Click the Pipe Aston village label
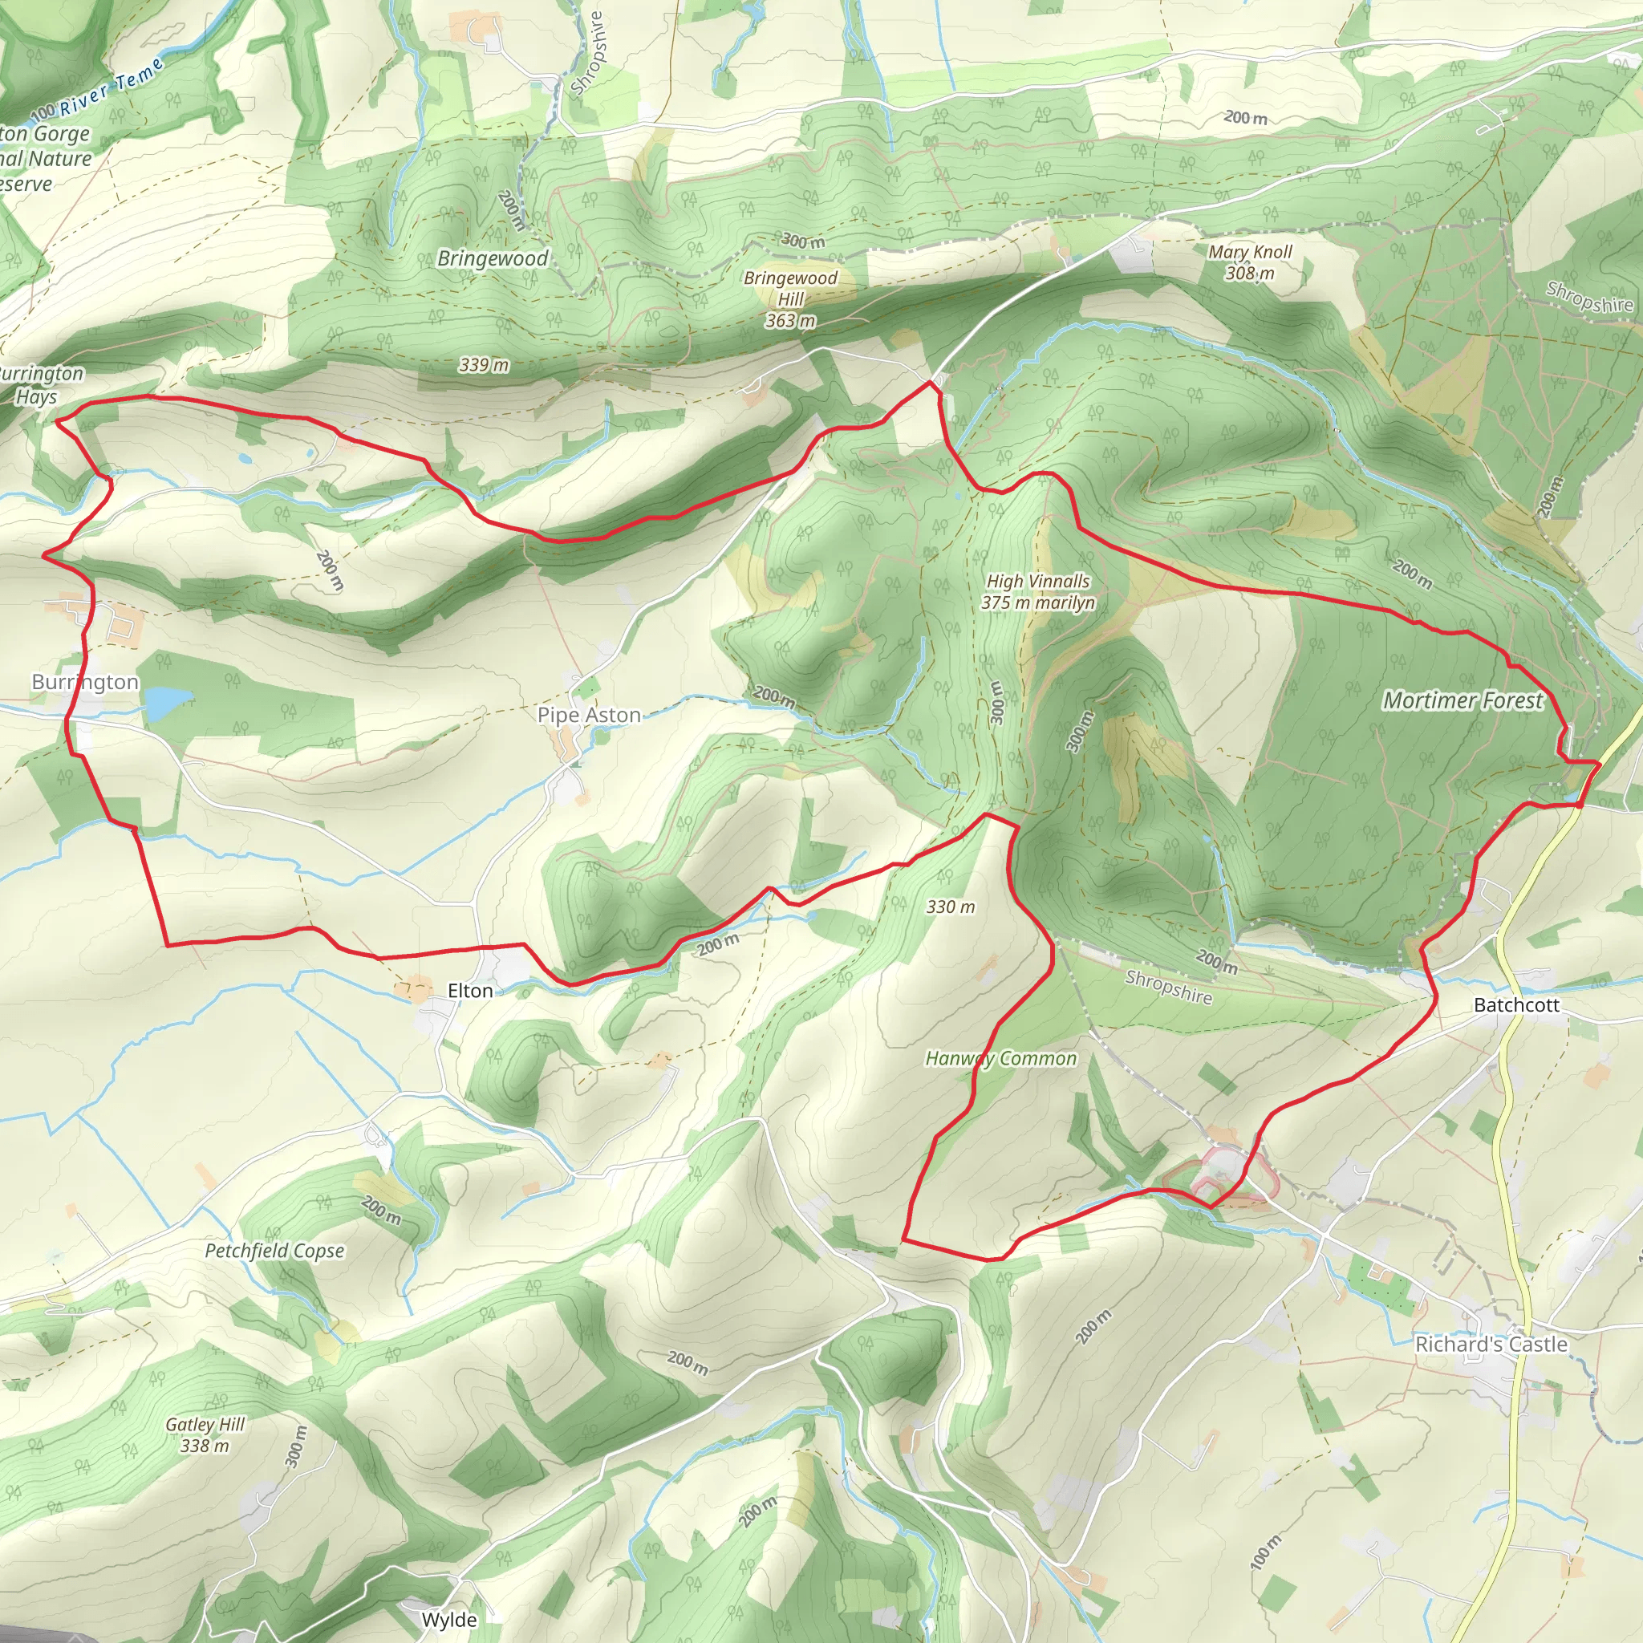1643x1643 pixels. [589, 715]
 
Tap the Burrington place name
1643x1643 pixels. [85, 682]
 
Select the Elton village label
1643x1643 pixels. [469, 991]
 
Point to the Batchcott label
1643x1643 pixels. [1516, 1005]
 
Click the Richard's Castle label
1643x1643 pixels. [1491, 1345]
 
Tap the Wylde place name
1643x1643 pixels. [449, 1620]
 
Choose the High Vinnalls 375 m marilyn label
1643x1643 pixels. [1037, 592]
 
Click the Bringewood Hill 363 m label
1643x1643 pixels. [790, 299]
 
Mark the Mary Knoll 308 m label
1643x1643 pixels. [1249, 262]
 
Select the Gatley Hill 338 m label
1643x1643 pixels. [205, 1434]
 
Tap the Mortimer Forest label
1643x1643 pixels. [1462, 700]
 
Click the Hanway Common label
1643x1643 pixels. [1000, 1059]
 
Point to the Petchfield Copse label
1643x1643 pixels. [274, 1251]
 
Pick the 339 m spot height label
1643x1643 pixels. [483, 365]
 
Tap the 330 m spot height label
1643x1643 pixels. [950, 907]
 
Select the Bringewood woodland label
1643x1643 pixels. [493, 258]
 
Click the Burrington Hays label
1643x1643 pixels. [39, 385]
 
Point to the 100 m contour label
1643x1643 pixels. [1265, 1553]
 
